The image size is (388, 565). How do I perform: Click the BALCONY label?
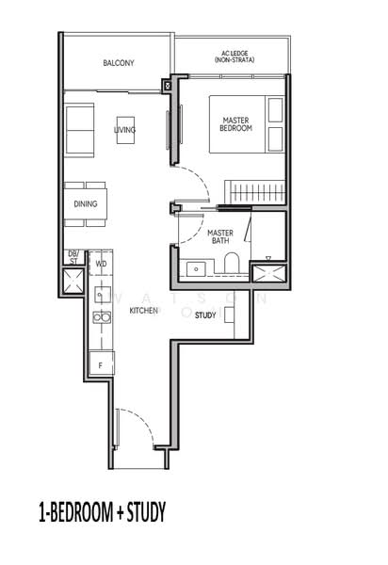click(119, 63)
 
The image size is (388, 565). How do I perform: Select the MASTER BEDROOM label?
click(236, 124)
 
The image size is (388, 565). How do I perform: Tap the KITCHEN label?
click(143, 310)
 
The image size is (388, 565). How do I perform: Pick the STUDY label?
click(205, 315)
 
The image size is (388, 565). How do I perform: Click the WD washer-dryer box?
click(101, 265)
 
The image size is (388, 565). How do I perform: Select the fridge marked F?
click(100, 363)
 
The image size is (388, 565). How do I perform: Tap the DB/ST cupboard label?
click(73, 257)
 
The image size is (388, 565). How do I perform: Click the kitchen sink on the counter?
click(100, 294)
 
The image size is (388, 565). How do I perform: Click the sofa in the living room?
click(79, 130)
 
